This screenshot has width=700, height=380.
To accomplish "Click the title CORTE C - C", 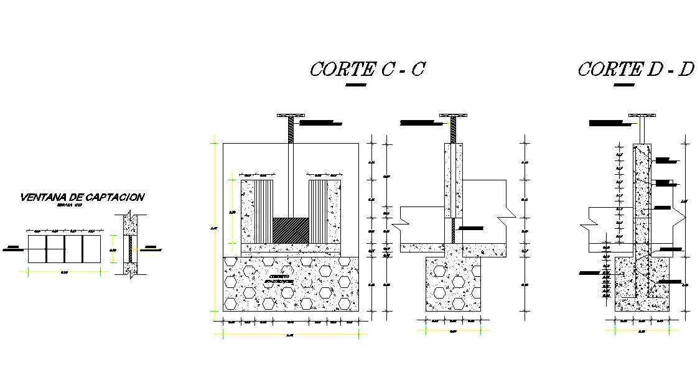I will pos(366,69).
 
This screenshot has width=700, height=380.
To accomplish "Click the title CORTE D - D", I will pos(635,69).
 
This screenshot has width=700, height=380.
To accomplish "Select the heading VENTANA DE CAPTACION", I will pos(82,197).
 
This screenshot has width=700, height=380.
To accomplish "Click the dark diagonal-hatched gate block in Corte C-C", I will pos(291,230).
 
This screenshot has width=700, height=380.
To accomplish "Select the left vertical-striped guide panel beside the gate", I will pos(264,211).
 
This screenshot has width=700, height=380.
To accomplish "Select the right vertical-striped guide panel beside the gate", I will pos(318,211).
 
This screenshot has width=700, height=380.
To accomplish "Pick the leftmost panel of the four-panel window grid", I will pos(36,249).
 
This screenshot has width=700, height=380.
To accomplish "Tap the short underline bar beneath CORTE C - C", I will pos(356,85).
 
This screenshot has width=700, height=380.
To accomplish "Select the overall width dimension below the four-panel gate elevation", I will pos(290,335).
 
